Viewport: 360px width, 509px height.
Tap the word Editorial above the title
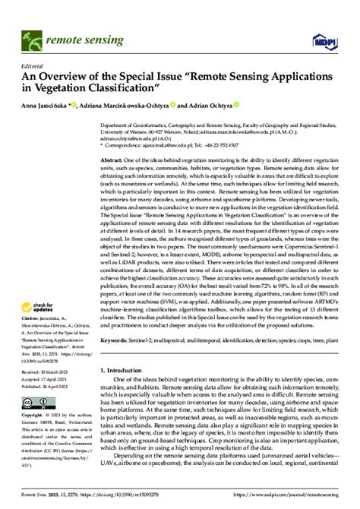[32, 66]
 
